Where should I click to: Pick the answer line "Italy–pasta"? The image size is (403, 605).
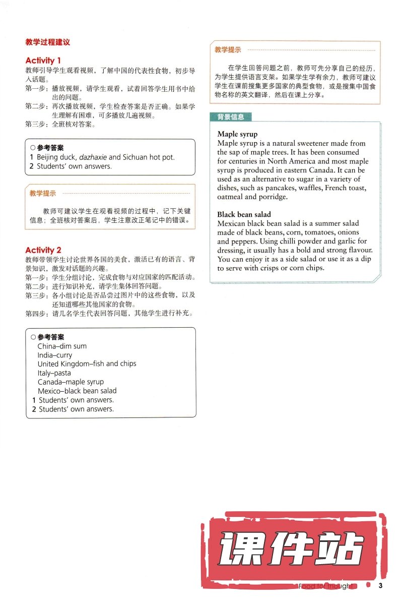pyautogui.click(x=54, y=373)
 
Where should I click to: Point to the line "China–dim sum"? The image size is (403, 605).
pyautogui.click(x=62, y=346)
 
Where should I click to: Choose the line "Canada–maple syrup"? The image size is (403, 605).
pyautogui.click(x=71, y=382)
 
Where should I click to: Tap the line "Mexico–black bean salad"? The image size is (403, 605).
pyautogui.click(x=77, y=391)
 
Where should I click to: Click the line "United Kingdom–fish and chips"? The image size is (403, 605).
pyautogui.click(x=87, y=364)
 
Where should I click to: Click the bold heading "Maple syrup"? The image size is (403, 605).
pyautogui.click(x=237, y=134)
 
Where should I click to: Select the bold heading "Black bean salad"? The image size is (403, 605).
pyautogui.click(x=244, y=214)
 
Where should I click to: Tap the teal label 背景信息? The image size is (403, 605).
pyautogui.click(x=231, y=117)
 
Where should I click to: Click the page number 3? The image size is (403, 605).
pyautogui.click(x=381, y=585)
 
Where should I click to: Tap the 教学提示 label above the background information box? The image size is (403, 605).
pyautogui.click(x=228, y=50)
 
